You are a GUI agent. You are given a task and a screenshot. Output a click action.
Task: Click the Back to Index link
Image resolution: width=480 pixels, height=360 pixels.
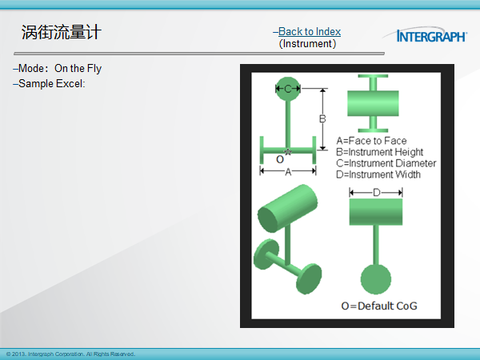point(310,31)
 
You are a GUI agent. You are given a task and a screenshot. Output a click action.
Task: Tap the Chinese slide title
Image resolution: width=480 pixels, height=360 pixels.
point(62,32)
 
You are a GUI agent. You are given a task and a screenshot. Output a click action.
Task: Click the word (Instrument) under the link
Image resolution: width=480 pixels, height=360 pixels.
point(307,44)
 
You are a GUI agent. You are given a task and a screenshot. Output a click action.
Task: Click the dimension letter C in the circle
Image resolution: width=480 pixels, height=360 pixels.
point(288,89)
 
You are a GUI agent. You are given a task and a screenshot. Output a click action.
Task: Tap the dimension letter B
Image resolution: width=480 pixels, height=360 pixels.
point(322,118)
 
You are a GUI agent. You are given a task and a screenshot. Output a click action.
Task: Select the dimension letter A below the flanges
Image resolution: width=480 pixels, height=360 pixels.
point(288,172)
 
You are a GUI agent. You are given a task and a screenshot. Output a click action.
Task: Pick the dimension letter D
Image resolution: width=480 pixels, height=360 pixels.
point(377,193)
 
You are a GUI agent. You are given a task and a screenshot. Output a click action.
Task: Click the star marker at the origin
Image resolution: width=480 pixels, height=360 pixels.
point(288,151)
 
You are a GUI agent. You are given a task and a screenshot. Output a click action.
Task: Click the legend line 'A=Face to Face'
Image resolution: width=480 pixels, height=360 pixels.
point(371,141)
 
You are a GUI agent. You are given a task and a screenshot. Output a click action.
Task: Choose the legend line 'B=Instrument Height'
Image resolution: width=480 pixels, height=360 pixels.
point(379,152)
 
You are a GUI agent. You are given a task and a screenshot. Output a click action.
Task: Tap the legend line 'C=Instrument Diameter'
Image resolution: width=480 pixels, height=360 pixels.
point(386,163)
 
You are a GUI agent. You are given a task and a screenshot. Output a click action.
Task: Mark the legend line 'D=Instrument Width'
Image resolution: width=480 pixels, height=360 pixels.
point(378,174)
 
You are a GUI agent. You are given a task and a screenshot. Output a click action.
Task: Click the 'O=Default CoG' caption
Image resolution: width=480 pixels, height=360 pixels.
point(379,306)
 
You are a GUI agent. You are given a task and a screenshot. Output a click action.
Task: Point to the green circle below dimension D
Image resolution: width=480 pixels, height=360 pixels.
point(376,279)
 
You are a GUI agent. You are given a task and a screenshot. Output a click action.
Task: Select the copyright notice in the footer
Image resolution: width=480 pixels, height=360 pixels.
point(70,354)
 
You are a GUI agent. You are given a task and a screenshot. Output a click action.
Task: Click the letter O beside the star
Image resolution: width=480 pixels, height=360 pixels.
point(280,159)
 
